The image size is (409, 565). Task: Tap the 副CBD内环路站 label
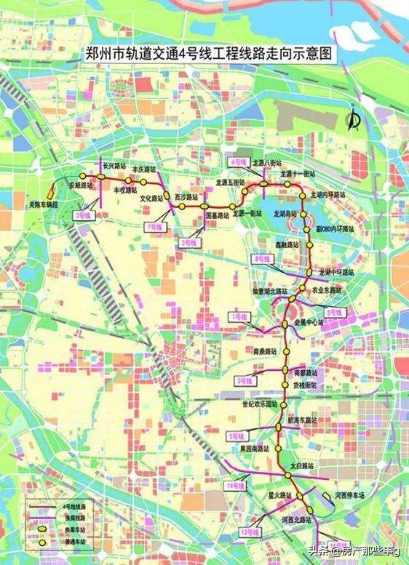(335, 228)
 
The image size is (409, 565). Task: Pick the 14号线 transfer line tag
(234, 485)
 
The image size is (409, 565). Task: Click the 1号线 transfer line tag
(238, 317)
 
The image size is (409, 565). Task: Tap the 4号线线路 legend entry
(66, 505)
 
